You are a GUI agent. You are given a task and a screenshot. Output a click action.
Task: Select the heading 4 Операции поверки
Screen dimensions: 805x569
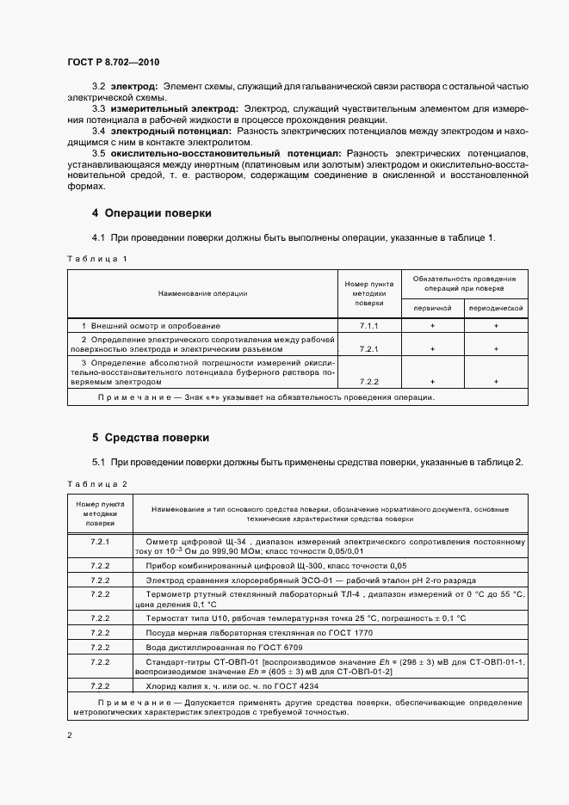click(x=152, y=212)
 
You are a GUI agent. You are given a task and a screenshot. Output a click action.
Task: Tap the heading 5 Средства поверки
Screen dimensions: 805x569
click(x=151, y=438)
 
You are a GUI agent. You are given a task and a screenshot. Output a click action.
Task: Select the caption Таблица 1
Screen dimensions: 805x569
click(x=96, y=258)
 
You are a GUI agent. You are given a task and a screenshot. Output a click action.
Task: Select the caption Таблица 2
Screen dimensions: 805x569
click(x=96, y=484)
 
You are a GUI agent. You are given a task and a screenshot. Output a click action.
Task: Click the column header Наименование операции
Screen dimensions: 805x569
click(x=202, y=293)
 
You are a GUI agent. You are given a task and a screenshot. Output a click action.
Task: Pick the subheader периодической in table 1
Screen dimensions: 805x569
click(x=496, y=307)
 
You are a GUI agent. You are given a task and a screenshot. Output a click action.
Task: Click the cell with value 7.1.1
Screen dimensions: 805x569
click(x=368, y=326)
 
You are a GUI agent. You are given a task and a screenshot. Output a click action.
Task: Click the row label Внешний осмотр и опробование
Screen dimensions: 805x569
click(x=151, y=326)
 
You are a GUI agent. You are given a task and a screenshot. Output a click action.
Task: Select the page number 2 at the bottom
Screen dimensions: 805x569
click(x=70, y=735)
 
